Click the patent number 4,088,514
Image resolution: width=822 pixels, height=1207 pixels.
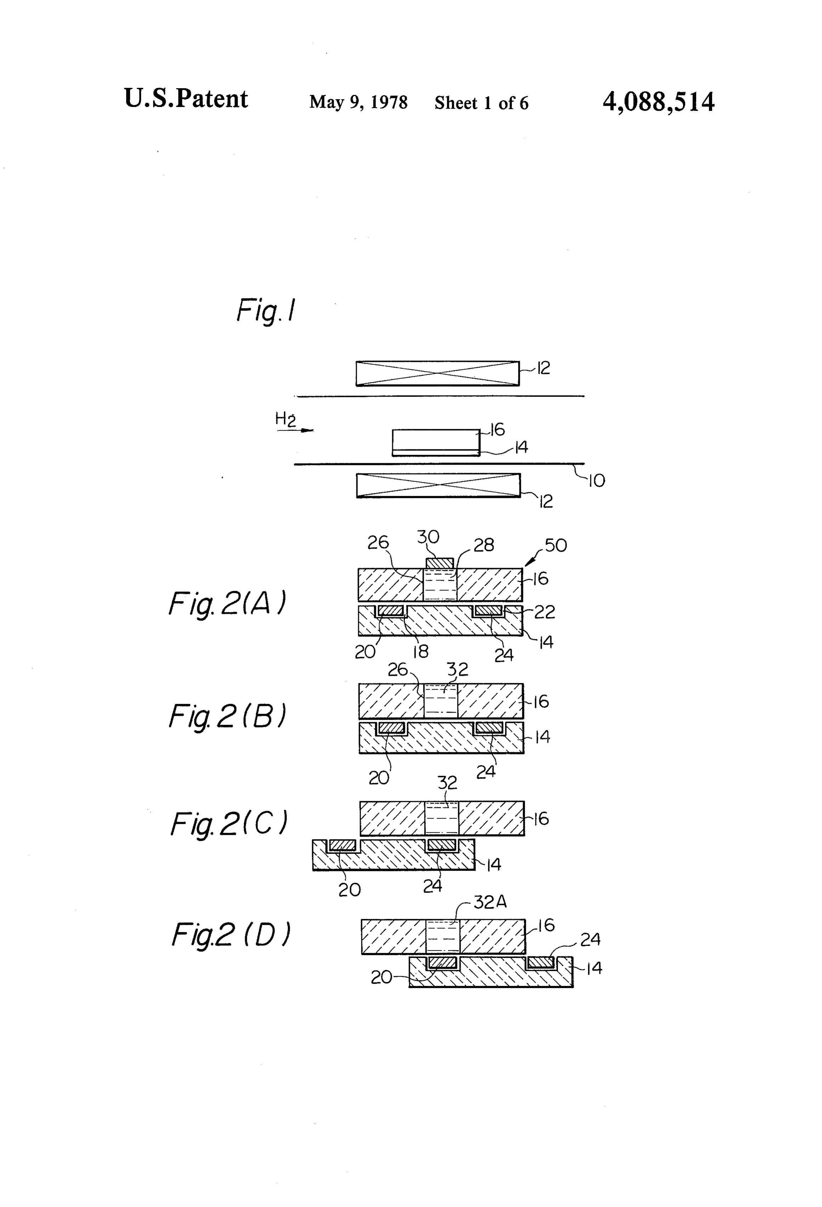[x=658, y=102]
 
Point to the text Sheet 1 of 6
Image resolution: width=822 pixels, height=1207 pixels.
[x=481, y=103]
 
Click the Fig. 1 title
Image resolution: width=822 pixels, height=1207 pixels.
[x=266, y=311]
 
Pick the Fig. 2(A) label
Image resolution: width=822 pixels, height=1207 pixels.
[x=227, y=604]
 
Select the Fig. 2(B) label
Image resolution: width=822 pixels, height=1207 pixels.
[x=227, y=716]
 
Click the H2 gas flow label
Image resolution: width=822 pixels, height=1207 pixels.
[x=285, y=419]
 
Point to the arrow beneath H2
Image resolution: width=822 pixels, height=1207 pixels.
[x=295, y=430]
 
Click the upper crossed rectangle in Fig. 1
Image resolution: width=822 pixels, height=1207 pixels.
[x=438, y=373]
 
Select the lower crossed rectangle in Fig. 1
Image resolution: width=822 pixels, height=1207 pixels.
[x=438, y=486]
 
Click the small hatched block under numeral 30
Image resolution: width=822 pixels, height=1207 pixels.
[x=440, y=563]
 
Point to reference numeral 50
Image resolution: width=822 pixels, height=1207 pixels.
[x=556, y=545]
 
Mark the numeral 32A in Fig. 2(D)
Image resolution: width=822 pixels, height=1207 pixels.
[x=490, y=902]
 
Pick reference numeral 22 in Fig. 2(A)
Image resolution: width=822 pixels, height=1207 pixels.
[x=545, y=612]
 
